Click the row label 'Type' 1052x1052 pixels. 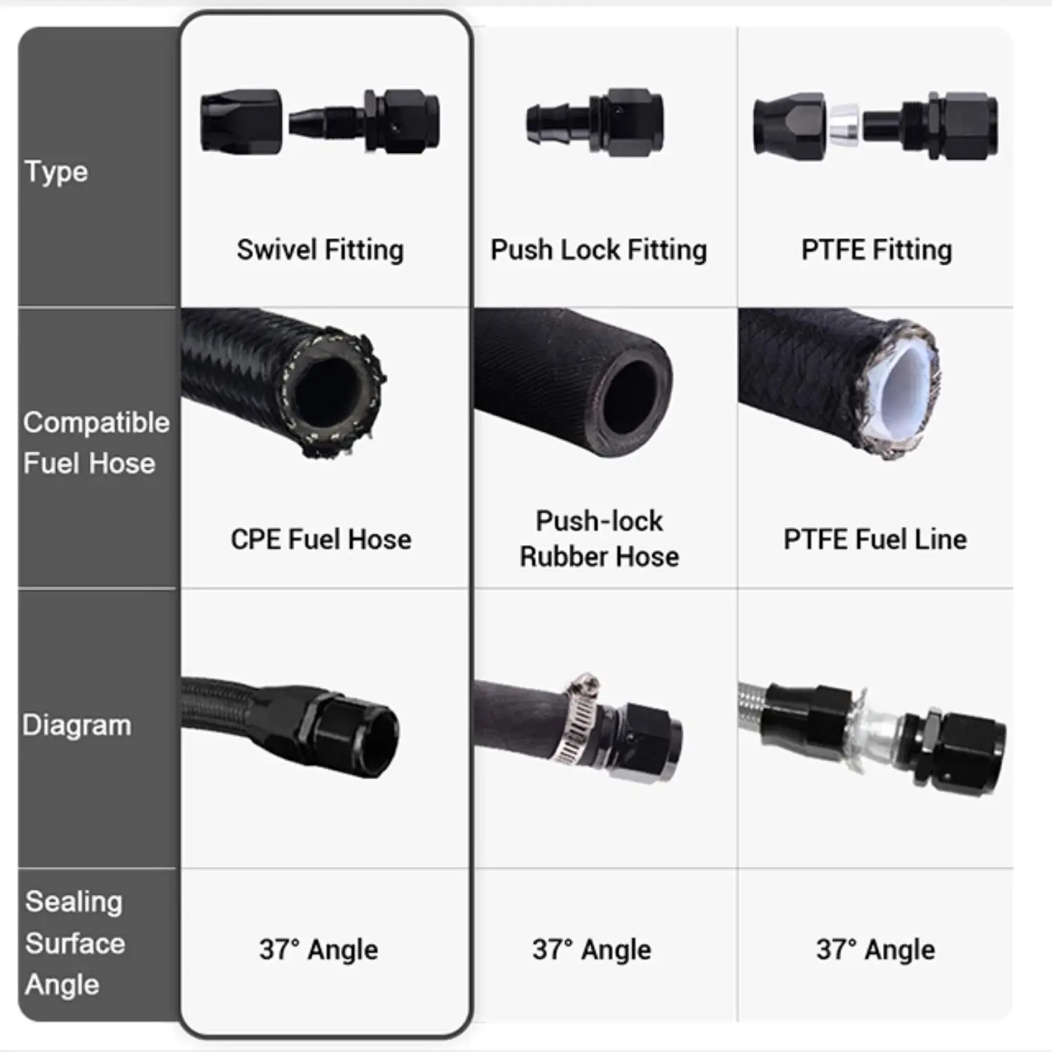[56, 172]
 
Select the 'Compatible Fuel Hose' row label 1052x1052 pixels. [95, 443]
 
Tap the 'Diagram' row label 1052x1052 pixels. [76, 725]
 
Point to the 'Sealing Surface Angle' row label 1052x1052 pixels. [74, 943]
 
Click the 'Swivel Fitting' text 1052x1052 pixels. [320, 250]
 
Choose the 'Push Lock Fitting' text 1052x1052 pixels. [598, 250]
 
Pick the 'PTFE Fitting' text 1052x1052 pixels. [876, 250]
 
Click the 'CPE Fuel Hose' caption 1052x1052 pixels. [321, 539]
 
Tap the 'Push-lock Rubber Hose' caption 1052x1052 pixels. [599, 539]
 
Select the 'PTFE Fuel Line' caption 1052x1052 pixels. [875, 539]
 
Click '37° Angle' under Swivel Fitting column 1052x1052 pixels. [318, 950]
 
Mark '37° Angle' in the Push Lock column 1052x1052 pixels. [591, 950]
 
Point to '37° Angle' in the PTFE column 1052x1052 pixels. [875, 950]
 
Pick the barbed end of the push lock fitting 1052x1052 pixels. [547, 123]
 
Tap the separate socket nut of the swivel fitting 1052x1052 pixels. [241, 121]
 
